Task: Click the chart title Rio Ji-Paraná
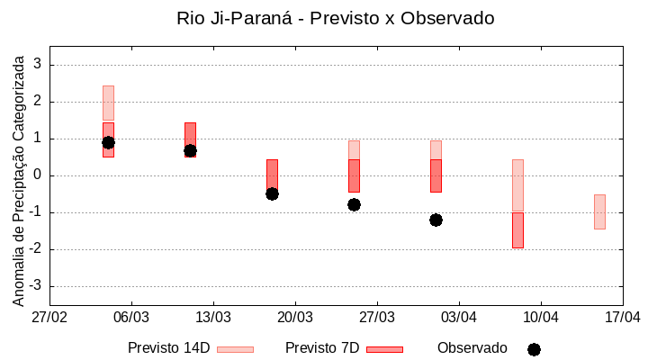tap(336, 18)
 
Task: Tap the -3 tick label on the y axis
tap(35, 286)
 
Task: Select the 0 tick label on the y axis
tap(39, 175)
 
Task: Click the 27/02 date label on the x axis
tap(49, 318)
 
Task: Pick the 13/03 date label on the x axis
tap(213, 318)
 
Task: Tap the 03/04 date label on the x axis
tap(458, 318)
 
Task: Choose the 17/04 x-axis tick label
tap(622, 318)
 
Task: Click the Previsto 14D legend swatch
tap(235, 349)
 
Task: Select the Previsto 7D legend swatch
tap(384, 349)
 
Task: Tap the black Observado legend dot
tap(534, 349)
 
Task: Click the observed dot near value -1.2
tap(436, 220)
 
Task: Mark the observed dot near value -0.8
tap(354, 204)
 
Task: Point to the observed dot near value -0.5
tap(272, 193)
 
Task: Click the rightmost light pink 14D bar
tap(599, 211)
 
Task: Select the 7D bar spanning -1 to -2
tap(517, 230)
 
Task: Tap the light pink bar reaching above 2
tap(108, 103)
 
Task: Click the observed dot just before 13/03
tap(190, 150)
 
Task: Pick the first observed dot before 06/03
tap(108, 142)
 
